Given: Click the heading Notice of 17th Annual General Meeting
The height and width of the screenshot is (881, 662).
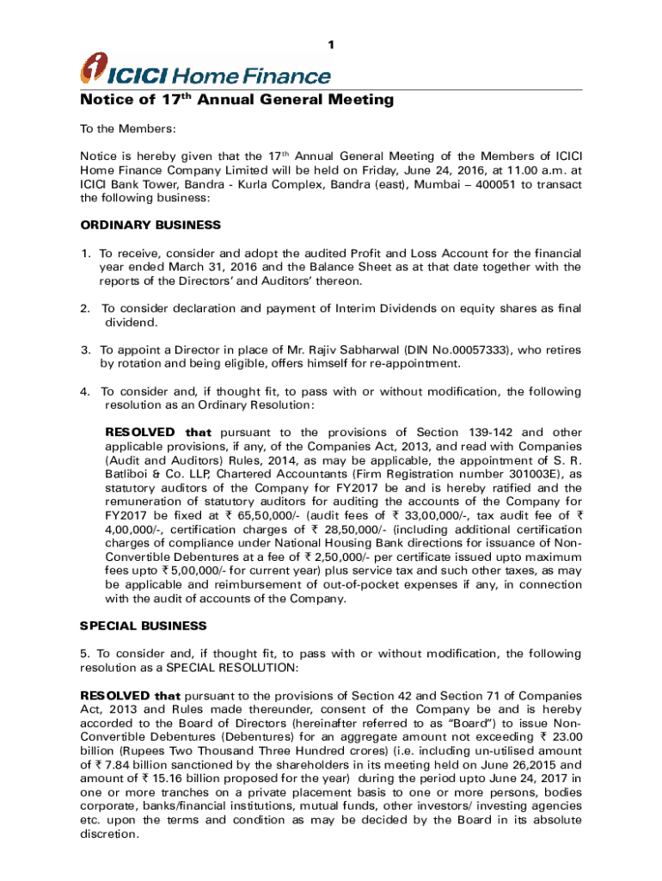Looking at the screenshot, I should point(236,100).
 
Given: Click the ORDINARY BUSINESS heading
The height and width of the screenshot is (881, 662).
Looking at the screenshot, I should point(150,225).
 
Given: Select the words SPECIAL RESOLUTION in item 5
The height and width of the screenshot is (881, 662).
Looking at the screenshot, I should point(245,668).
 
